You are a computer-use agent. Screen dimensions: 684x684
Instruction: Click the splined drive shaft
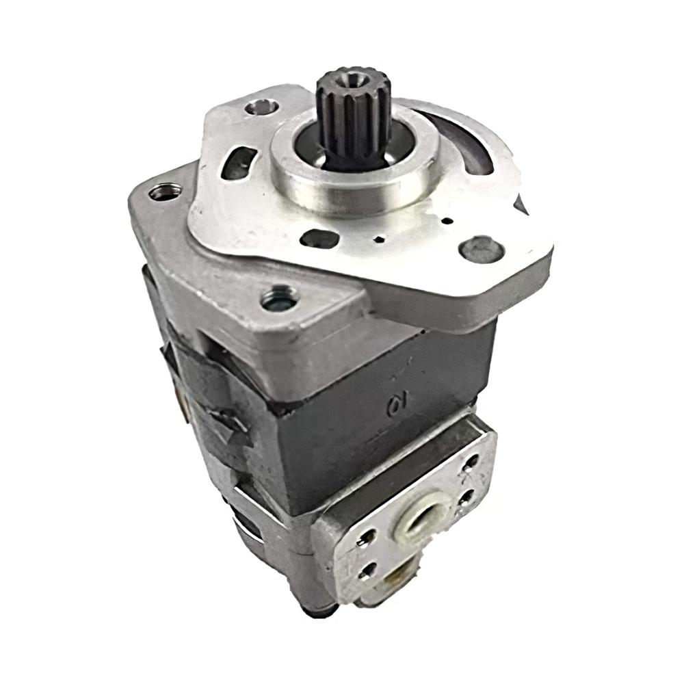[353, 116]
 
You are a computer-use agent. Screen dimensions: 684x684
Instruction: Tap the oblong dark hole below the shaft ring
[318, 239]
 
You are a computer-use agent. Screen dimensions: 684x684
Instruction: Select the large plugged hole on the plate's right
[481, 248]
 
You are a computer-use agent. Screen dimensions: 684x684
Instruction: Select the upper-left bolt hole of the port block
[367, 535]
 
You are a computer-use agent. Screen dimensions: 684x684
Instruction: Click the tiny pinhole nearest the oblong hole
[378, 240]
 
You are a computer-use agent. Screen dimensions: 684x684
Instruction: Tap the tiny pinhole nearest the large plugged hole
[445, 220]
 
